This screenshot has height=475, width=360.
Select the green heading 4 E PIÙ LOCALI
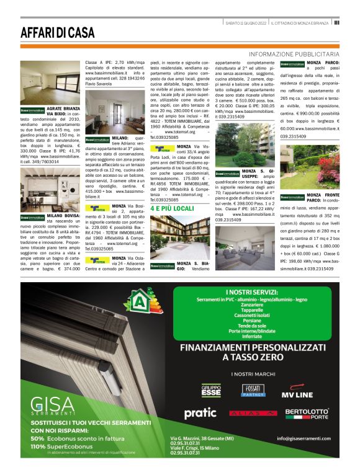(x=176, y=209)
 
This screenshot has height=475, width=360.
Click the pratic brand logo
(x=200, y=412)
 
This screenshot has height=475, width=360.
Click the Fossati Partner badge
(x=253, y=391)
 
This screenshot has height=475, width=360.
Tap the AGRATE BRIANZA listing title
(x=63, y=109)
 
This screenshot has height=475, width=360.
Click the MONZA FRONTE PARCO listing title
(x=323, y=198)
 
